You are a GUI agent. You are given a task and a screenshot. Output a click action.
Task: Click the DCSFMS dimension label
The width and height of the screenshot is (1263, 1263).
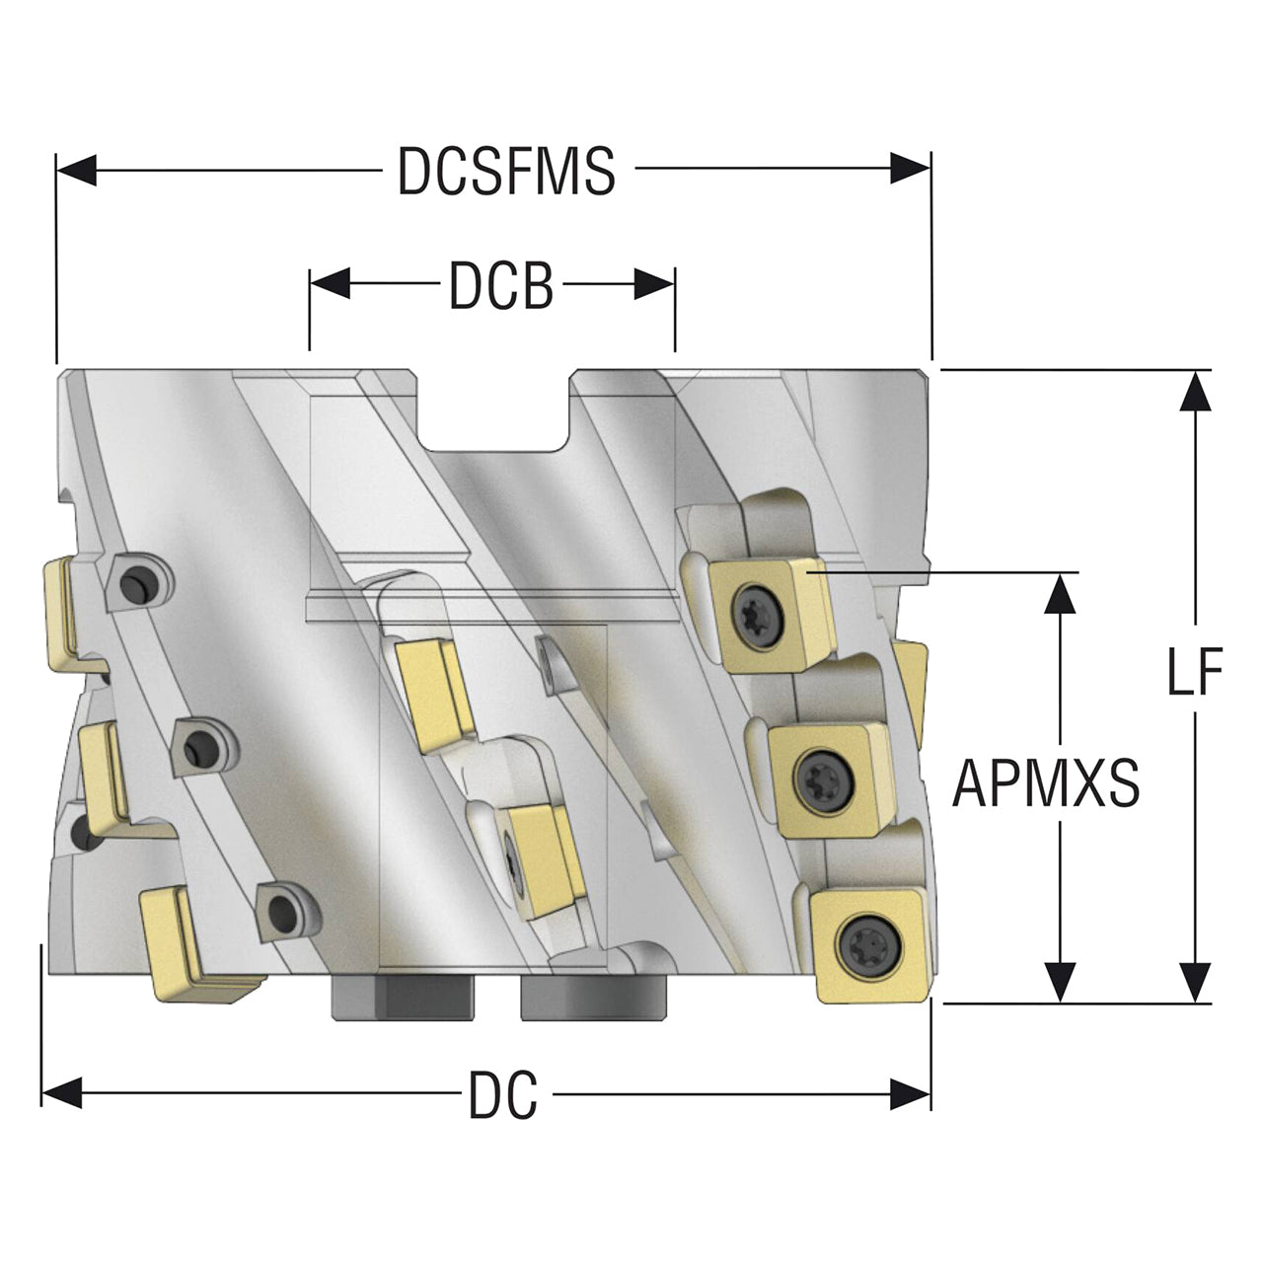(x=506, y=171)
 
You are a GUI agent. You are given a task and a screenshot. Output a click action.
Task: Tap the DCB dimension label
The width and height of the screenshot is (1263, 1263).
(x=501, y=286)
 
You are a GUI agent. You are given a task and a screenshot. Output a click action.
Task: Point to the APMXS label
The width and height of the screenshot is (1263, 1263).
(x=1045, y=783)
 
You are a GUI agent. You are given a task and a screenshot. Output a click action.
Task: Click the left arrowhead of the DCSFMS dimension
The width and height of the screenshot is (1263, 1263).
(x=77, y=171)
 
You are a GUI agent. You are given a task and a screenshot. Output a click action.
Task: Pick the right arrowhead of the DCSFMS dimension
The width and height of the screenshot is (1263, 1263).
(x=910, y=169)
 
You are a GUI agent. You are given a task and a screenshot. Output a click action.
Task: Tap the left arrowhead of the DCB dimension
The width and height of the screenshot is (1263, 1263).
(x=330, y=283)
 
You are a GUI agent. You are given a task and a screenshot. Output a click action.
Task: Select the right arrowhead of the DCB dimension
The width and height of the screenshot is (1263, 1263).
(x=653, y=284)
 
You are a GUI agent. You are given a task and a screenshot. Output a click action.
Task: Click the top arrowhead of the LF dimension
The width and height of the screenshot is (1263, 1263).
(x=1195, y=391)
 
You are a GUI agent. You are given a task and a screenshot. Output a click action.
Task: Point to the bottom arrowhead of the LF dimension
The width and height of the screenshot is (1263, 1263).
(x=1195, y=982)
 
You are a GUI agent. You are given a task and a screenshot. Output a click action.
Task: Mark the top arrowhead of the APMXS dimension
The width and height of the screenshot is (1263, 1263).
(x=1060, y=593)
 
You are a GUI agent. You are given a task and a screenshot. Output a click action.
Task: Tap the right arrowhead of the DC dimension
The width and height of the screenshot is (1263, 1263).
(x=910, y=1094)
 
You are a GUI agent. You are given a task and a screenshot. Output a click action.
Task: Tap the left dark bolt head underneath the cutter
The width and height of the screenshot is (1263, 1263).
(x=404, y=997)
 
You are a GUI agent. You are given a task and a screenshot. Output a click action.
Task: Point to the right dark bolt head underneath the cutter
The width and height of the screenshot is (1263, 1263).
(x=593, y=997)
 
